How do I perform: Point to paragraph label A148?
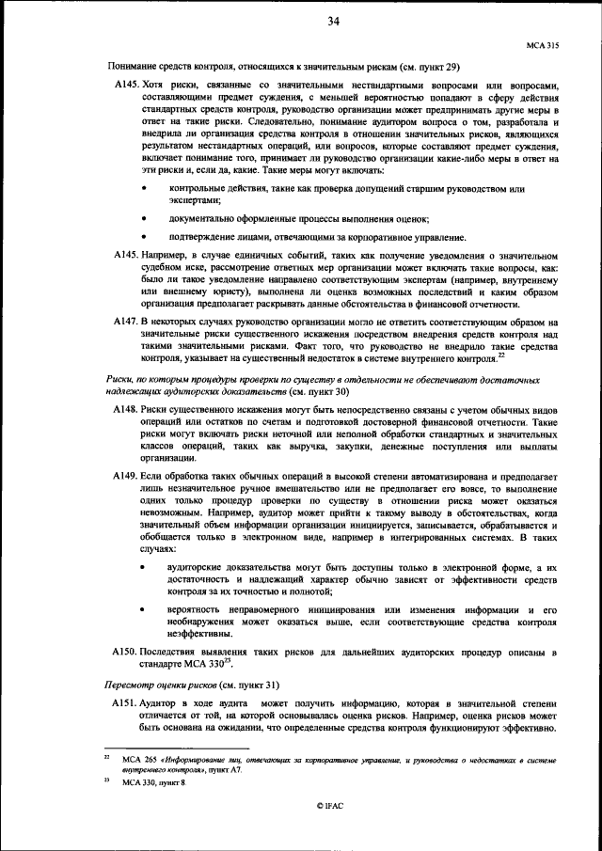coord(126,411)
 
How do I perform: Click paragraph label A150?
coord(126,651)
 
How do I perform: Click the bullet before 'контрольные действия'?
coord(144,190)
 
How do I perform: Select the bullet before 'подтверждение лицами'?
coord(144,236)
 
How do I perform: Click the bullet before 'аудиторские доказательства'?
coord(144,569)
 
